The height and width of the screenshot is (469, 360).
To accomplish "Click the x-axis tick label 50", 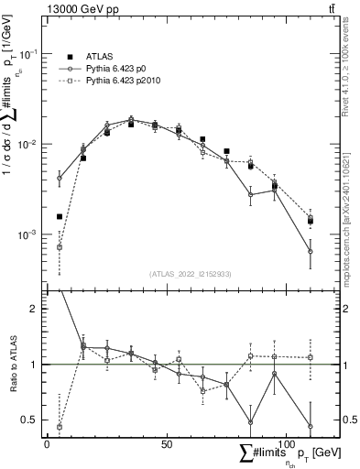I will pos(166,443).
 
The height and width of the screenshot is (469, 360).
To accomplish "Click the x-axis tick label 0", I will pos(47,443).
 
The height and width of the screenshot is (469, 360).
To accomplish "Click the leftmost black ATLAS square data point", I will pos(60,217).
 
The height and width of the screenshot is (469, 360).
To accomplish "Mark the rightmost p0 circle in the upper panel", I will pos(311,251).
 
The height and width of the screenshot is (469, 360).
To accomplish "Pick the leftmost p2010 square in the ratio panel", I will pos(60,427).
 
